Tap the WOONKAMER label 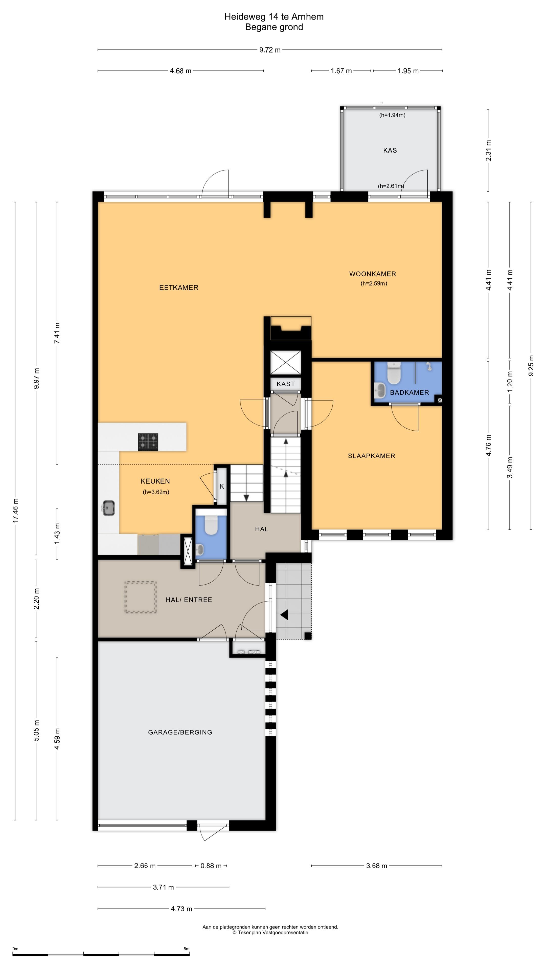tap(372, 274)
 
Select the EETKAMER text tap(179, 288)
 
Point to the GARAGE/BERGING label tap(180, 732)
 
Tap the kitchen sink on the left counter tap(108, 508)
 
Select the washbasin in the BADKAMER tap(380, 390)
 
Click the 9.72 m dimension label tap(270, 50)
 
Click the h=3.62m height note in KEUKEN tap(156, 492)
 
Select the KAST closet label tap(286, 384)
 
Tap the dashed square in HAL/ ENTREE tap(141, 598)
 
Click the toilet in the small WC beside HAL tap(211, 524)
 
